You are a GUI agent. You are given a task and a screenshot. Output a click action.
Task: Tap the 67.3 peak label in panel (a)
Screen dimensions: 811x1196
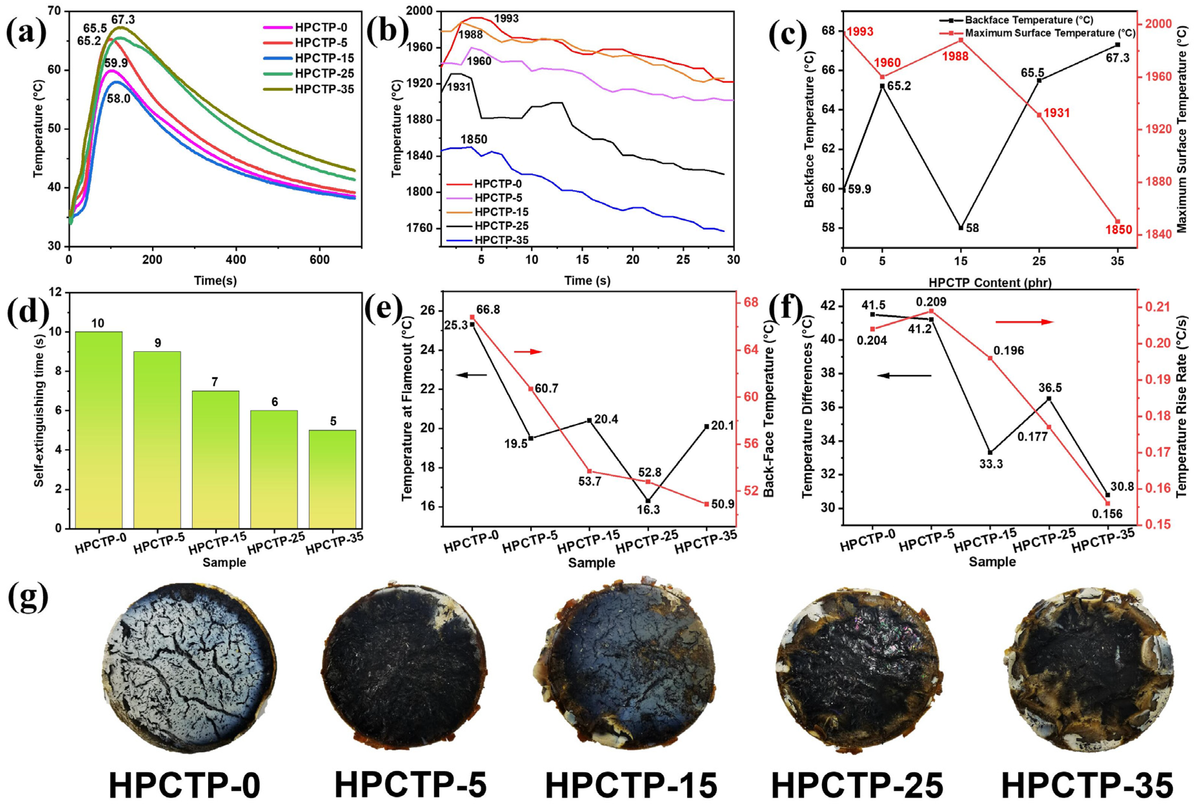click(123, 20)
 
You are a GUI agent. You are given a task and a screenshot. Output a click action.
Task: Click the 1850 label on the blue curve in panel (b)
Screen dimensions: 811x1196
click(474, 140)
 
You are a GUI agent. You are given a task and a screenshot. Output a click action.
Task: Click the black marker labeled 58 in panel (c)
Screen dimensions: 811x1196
click(960, 228)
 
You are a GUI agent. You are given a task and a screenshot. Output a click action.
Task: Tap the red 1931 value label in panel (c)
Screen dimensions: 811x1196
click(1056, 113)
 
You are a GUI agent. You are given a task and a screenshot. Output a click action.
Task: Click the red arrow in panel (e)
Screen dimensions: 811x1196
click(528, 352)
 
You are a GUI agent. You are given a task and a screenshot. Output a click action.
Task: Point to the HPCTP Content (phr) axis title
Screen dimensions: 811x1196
click(990, 282)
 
